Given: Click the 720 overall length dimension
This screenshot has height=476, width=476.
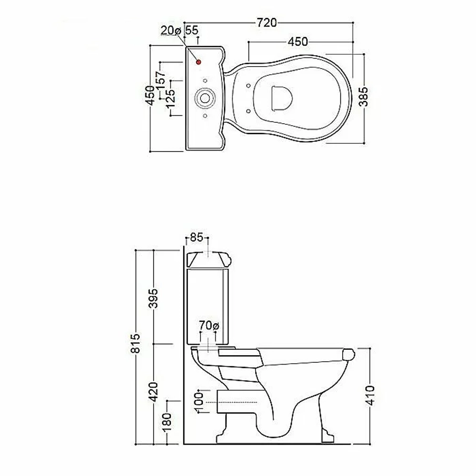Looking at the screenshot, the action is (x=267, y=23).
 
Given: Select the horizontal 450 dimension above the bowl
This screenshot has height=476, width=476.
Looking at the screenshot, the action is (x=297, y=42).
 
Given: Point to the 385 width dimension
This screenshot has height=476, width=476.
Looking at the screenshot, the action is (x=363, y=97).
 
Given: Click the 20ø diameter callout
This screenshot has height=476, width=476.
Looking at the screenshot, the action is (x=170, y=30).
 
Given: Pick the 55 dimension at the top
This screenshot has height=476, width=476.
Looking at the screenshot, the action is (x=191, y=30).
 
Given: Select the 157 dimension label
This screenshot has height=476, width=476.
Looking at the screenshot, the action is (x=160, y=80).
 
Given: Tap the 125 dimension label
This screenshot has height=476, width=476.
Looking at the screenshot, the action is (x=170, y=99).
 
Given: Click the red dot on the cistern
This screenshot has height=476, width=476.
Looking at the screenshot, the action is (x=198, y=62).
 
